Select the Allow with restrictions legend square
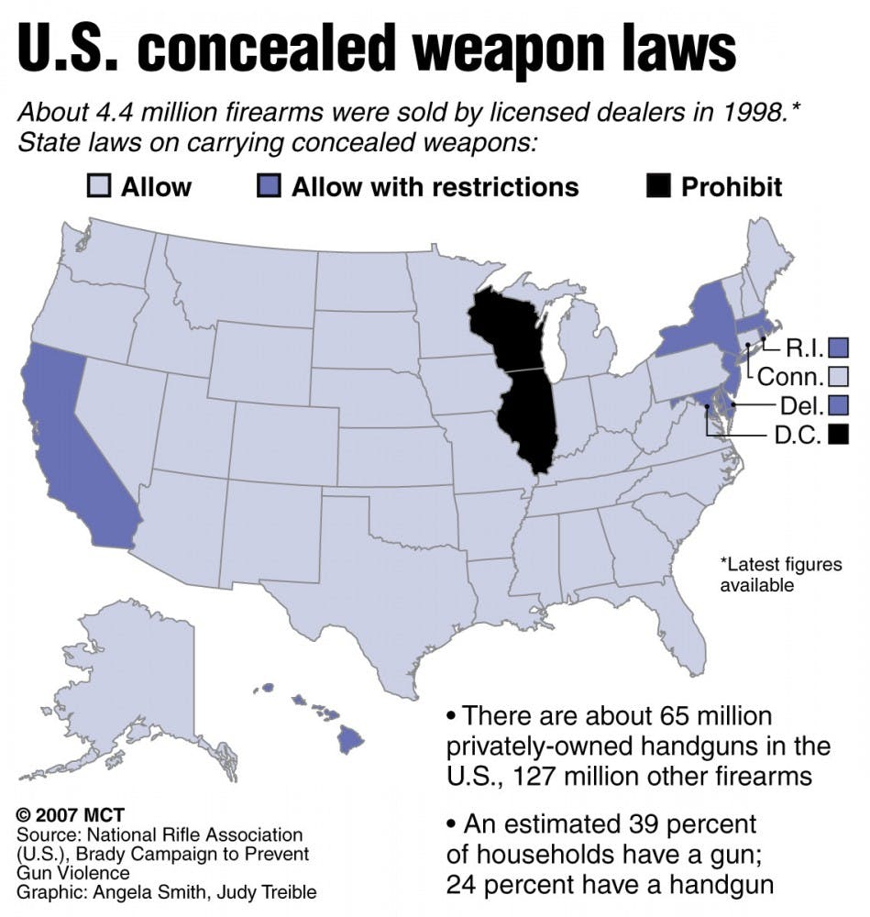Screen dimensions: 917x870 click(268, 187)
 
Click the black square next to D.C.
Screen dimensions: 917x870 click(837, 434)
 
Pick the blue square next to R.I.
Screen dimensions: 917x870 click(837, 348)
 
